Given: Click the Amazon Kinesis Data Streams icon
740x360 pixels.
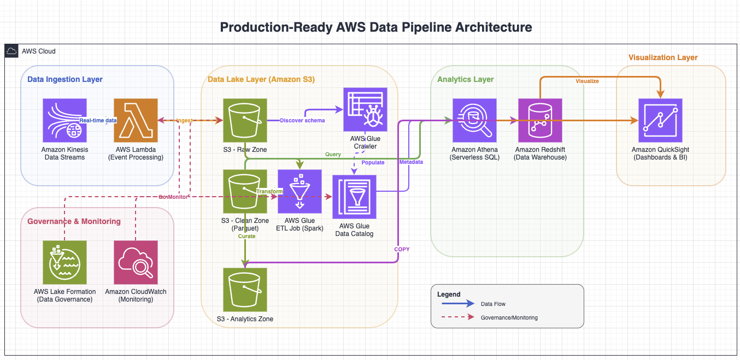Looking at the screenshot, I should click(64, 120).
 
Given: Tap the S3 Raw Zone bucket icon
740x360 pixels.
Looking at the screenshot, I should click(245, 120).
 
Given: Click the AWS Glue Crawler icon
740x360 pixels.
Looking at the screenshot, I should click(365, 109).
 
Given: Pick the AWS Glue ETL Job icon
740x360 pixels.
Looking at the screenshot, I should click(299, 191).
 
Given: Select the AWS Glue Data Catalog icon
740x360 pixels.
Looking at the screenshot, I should click(354, 197).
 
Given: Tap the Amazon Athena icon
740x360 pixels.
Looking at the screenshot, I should click(474, 120).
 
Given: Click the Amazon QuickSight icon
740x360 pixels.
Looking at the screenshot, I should click(660, 120).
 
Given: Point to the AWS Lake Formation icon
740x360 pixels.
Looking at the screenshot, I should click(64, 262).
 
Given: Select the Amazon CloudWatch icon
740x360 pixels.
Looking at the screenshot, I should click(136, 262).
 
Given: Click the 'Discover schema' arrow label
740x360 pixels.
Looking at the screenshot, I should click(302, 120).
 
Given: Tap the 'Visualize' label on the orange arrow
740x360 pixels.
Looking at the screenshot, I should click(587, 81).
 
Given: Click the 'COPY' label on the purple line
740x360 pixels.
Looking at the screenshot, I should click(402, 249).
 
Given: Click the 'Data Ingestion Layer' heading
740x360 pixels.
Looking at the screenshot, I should click(65, 79).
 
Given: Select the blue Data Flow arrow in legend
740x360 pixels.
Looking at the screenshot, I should click(455, 304).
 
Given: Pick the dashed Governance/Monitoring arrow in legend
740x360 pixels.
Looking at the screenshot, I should click(455, 317).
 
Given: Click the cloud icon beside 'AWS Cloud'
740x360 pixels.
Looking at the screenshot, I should click(11, 51).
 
